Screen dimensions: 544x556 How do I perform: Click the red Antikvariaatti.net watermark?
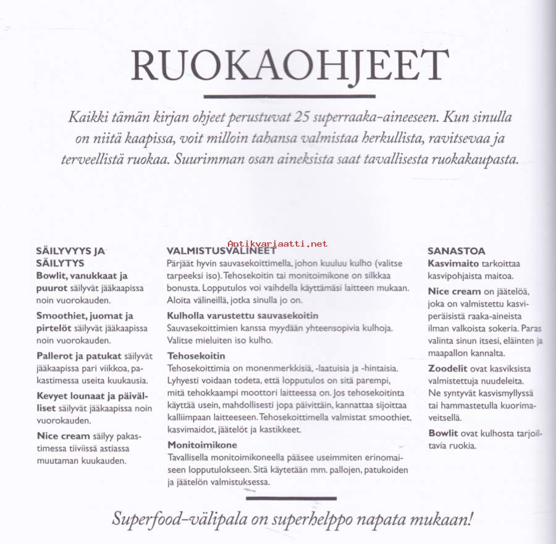coord(277,244)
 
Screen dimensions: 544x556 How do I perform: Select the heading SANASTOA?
coord(457,252)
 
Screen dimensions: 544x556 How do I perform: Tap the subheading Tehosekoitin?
coord(196,356)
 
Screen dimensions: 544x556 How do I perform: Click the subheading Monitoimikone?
coord(202,445)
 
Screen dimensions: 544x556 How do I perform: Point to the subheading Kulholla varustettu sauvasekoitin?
coord(243,315)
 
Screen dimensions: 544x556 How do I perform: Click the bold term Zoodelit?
coord(448,368)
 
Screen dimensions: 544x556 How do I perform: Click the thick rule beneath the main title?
coord(280,96)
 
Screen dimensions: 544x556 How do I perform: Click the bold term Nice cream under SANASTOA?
coord(454,291)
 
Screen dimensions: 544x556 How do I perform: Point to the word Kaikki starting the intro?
coord(90,117)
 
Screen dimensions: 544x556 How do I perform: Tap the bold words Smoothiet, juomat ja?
coord(84,316)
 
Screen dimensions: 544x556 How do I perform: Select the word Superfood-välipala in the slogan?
coord(178,518)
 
